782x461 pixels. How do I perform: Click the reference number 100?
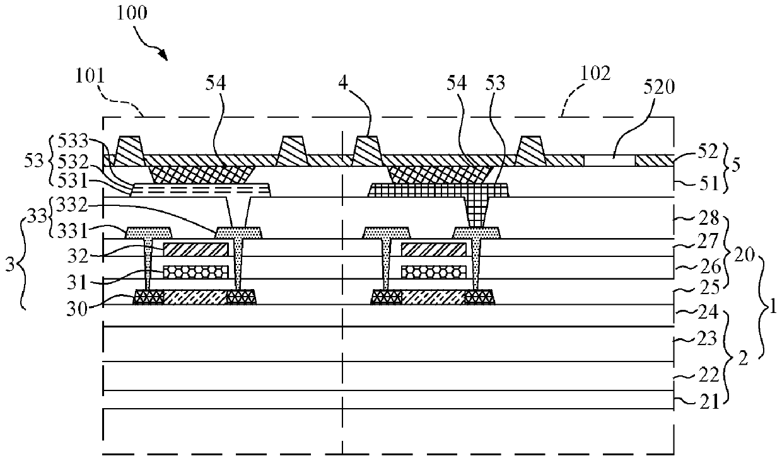pos(131,14)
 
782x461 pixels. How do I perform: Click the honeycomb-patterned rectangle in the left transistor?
pos(195,271)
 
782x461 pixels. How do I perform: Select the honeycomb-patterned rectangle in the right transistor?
pos(433,271)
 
